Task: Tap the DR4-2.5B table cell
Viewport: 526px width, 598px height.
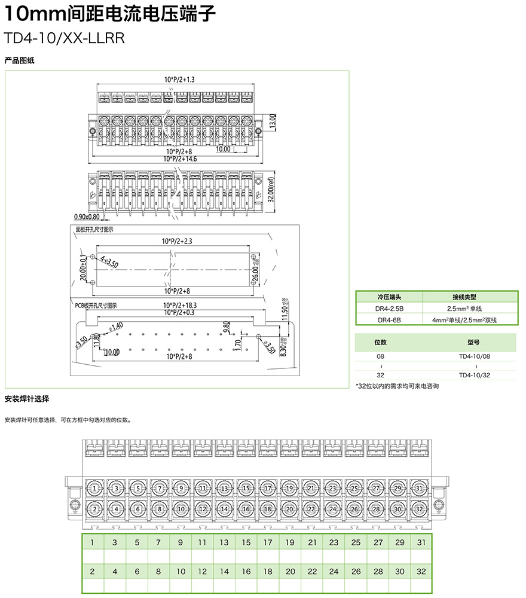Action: coord(389,308)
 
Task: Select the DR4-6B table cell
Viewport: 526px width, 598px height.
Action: coord(389,320)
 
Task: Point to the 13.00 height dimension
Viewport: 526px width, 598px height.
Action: coord(273,122)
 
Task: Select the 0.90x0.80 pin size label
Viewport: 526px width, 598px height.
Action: coord(87,216)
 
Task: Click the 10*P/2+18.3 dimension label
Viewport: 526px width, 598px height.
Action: coord(180,305)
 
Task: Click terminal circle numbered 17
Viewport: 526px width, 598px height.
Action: coord(268,489)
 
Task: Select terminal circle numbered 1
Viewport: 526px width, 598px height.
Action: coord(95,489)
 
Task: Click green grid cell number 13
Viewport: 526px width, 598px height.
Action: coord(224,542)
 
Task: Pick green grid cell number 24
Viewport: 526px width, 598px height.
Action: coord(334,572)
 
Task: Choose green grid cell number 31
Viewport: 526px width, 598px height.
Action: coord(421,542)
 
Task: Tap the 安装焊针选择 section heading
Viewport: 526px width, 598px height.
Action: coord(27,399)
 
